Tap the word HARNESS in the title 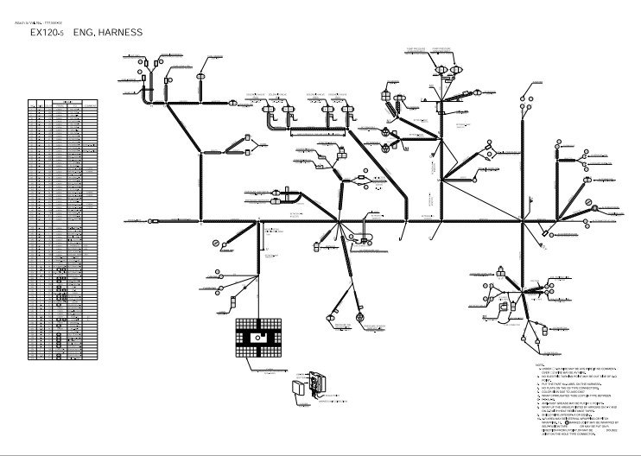[121, 32]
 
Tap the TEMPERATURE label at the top [442, 49]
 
